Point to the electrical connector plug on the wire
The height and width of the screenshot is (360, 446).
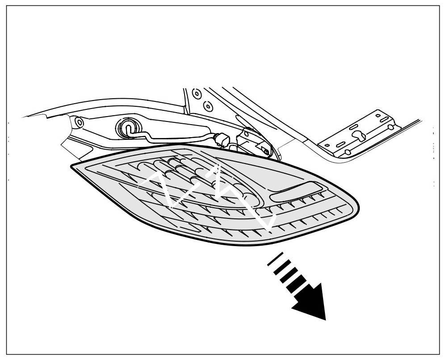[222, 139]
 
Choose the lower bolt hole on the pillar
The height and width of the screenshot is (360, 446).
[207, 106]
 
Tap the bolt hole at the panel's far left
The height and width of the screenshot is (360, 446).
[79, 121]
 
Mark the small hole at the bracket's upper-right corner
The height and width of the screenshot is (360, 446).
[379, 115]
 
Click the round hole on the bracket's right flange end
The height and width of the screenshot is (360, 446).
[391, 127]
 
